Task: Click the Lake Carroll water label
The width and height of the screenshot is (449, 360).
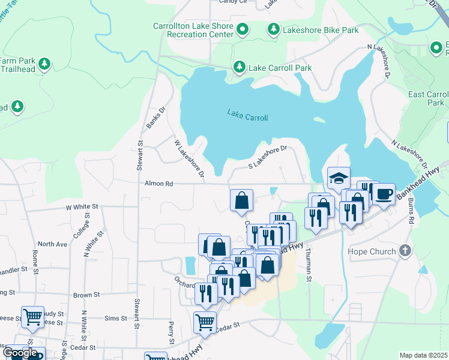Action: tap(247, 116)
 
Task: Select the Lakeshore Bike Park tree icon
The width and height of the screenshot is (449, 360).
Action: tap(273, 29)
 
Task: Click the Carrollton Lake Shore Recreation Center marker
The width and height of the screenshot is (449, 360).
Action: tap(243, 29)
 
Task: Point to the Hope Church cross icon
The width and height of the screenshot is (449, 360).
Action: tap(405, 251)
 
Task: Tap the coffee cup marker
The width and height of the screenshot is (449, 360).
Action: tap(384, 194)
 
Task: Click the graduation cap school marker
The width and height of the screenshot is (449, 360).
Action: tap(339, 178)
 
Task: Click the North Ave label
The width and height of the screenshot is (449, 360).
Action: tap(53, 244)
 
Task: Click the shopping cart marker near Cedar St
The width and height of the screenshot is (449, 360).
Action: tap(205, 323)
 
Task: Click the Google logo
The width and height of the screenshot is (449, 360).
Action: tap(20, 353)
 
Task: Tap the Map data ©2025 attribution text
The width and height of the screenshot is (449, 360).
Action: tap(423, 355)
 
